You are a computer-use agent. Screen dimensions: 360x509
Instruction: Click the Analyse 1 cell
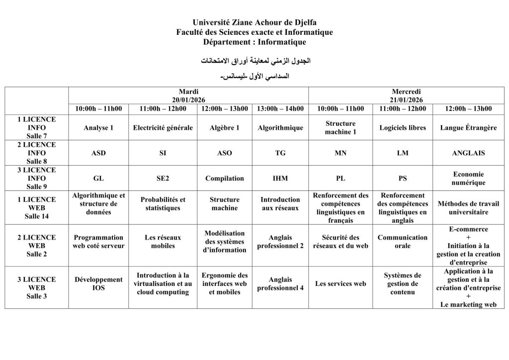coord(98,128)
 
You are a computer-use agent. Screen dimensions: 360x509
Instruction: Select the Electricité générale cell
coord(163,128)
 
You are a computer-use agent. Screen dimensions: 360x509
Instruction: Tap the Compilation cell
coord(224,178)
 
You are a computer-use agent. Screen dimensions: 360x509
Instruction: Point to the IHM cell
coord(280,178)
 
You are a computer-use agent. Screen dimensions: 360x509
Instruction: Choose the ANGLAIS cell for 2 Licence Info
coord(468,153)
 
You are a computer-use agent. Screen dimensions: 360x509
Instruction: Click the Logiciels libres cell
coord(403,128)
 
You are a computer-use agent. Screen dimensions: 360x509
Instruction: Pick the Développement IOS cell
coord(98,283)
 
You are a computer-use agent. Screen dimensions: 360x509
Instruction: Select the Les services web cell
coord(340,283)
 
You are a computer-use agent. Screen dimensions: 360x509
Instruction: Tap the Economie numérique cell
coord(468,178)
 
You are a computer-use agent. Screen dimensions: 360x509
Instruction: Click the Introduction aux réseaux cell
coord(280,203)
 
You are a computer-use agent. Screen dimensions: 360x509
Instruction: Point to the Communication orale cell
coord(403,241)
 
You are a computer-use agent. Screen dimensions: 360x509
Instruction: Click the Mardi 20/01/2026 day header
coord(188,95)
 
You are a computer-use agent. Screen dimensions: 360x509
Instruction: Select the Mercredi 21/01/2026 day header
coord(406,95)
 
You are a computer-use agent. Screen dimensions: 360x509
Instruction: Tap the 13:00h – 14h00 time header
coord(280,109)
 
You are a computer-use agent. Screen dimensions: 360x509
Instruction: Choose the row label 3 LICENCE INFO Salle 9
coord(37,178)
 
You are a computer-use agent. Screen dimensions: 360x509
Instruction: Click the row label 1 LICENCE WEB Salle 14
coord(37,207)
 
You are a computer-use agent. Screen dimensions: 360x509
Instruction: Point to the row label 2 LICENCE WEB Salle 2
coord(37,245)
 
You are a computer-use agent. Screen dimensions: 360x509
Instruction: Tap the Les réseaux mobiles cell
coord(163,241)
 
